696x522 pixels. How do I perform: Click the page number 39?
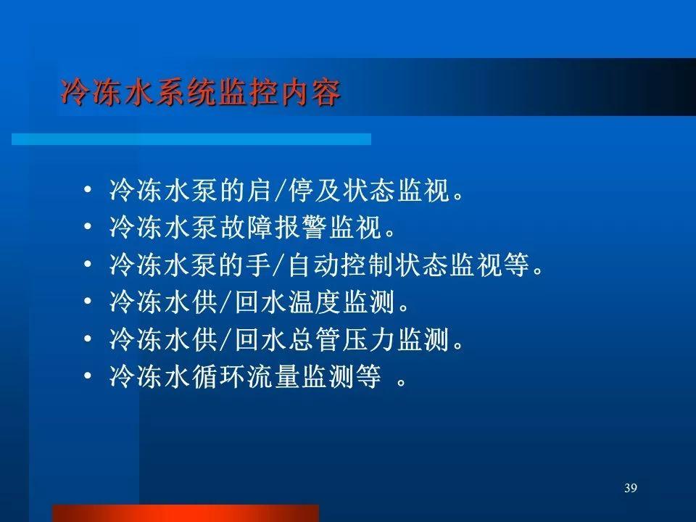630,488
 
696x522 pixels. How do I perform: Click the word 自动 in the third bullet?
315,265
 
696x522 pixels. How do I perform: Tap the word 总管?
315,339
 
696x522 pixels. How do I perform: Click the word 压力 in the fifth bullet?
369,339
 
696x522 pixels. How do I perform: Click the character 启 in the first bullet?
260,190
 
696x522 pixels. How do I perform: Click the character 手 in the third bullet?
260,265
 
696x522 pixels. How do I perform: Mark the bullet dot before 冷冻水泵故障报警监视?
88,227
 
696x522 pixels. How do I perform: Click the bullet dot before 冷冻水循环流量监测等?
88,377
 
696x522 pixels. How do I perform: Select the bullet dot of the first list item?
88,190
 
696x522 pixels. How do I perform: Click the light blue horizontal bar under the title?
191,139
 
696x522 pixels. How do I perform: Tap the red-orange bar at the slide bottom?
186,513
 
